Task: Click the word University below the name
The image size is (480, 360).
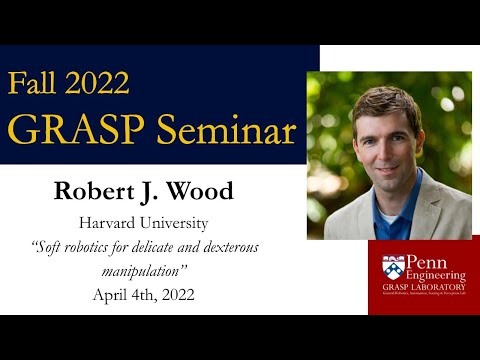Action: (x=186, y=221)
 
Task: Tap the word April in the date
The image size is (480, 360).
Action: (x=113, y=295)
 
